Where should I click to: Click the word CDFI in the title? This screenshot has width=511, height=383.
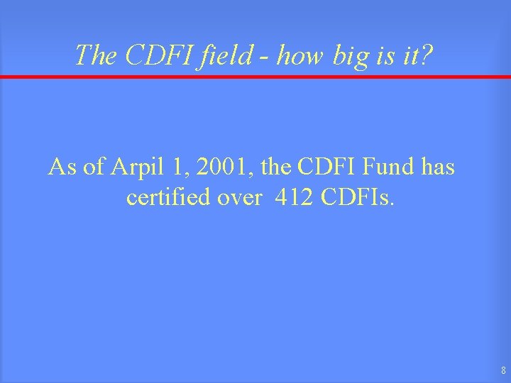tap(146, 54)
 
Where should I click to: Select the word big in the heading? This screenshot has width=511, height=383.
tap(348, 54)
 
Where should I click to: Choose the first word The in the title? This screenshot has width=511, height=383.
tap(92, 54)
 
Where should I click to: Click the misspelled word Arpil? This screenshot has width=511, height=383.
tap(136, 168)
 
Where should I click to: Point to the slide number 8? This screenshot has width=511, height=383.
tap(502, 370)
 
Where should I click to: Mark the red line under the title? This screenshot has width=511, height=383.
tap(255, 77)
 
